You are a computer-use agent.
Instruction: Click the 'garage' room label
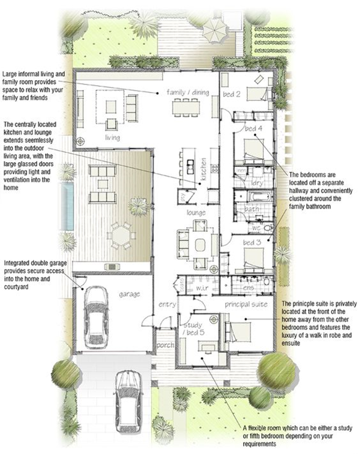[129, 294]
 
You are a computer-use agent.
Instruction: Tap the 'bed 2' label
[231, 94]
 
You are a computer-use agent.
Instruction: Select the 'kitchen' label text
[203, 169]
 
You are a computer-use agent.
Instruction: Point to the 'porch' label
[165, 345]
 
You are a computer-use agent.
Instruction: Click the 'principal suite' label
[246, 304]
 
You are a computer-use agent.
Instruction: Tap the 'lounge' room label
[196, 213]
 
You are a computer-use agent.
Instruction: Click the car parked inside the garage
[97, 318]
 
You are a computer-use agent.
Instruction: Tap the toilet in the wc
[268, 228]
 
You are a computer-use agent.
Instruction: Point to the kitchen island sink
[190, 166]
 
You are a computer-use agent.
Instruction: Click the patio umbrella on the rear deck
[215, 30]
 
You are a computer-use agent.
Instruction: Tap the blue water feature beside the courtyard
[67, 206]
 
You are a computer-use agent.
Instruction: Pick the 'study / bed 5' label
[193, 329]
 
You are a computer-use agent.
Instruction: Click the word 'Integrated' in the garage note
[18, 264]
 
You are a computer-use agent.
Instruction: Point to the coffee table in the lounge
[200, 245]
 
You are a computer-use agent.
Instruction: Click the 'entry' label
[167, 305]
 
